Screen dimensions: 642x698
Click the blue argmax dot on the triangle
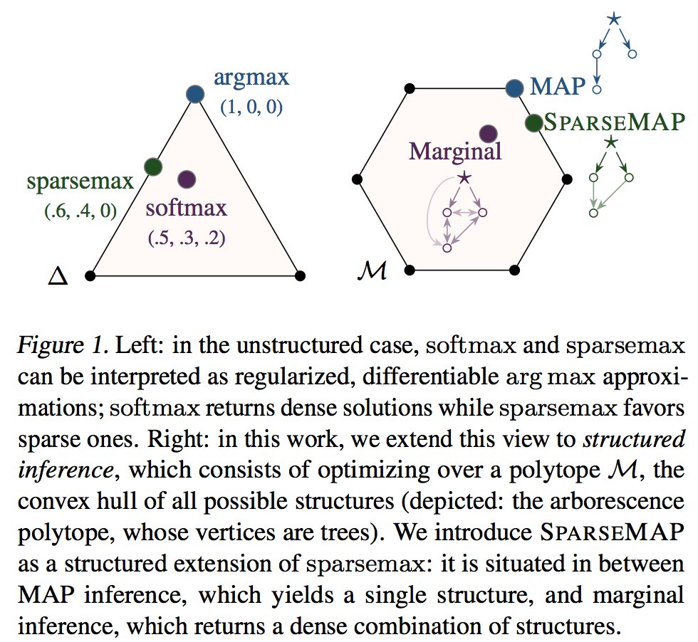pos(194,94)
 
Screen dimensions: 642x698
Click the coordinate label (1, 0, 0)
pos(251,109)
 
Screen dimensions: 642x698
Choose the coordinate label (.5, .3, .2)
pos(187,238)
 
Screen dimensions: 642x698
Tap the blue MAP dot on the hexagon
pos(514,88)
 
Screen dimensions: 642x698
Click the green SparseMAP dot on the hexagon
pos(533,122)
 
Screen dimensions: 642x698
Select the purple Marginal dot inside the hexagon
pos(488,134)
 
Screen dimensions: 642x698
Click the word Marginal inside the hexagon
pos(455,151)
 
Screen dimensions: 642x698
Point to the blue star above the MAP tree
pos(613,19)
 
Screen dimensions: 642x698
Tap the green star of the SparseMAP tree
pos(610,142)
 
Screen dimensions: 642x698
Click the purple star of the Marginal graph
pos(464,176)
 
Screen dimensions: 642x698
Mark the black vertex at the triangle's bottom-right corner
pos(299,275)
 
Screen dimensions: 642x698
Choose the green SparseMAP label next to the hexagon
pos(615,122)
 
